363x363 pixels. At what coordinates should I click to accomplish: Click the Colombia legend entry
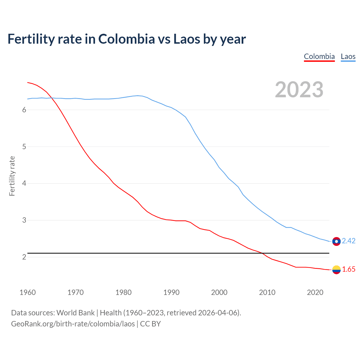pos(319,56)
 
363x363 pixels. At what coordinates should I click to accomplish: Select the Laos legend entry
pos(348,56)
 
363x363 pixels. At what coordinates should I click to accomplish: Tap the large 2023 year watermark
pos(299,90)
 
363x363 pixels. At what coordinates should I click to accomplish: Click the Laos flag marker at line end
pos(336,241)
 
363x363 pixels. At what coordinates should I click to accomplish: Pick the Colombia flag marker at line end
pos(336,270)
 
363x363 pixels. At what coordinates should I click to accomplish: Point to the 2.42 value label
pos(349,241)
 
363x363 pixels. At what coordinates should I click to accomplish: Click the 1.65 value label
pos(349,269)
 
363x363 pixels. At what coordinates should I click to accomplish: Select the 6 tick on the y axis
pos(24,110)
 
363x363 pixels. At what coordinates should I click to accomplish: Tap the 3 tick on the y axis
pos(24,220)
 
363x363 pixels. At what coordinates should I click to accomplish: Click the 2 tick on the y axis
pos(24,257)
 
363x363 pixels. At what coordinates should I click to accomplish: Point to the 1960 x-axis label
pos(28,292)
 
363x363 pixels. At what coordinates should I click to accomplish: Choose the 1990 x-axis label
pos(171,292)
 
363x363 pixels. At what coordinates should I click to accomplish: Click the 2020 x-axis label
pos(315,292)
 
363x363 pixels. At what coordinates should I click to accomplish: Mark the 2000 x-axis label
pos(219,292)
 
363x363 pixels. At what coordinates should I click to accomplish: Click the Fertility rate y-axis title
pos(12,176)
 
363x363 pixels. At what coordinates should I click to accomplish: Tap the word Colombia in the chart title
pos(126,39)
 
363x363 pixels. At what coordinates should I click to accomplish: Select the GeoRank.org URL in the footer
pos(73,324)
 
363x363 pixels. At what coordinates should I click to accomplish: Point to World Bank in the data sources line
pos(75,313)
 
